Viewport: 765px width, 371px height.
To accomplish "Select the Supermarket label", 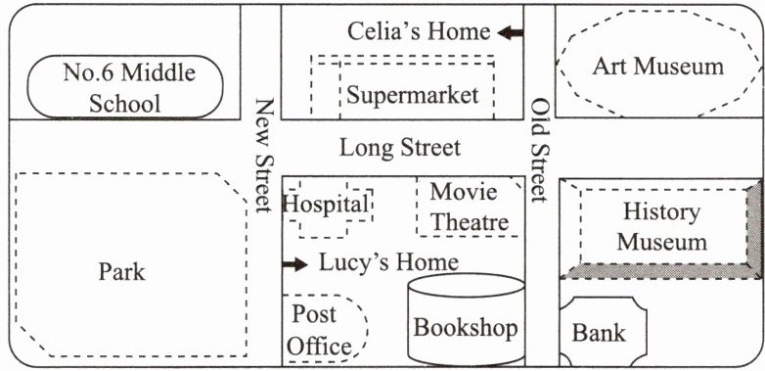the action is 412,95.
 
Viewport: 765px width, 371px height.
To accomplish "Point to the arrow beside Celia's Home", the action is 511,33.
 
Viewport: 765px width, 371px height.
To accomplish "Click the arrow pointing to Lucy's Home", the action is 295,264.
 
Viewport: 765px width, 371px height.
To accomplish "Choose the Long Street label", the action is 400,148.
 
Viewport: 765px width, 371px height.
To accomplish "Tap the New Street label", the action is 264,156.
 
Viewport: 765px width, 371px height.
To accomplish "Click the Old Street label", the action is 540,151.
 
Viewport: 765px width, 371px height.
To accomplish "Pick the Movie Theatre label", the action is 470,208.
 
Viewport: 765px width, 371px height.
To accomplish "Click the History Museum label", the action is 661,227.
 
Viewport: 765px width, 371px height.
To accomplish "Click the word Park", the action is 122,271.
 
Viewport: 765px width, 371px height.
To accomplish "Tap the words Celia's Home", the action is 419,31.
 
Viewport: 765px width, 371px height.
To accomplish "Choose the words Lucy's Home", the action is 388,262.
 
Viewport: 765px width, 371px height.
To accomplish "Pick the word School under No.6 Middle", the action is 125,104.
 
